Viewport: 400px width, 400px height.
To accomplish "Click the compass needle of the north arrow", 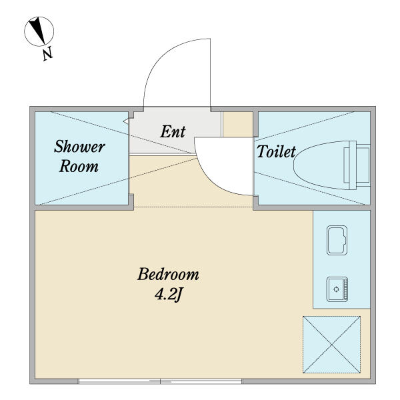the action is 37,29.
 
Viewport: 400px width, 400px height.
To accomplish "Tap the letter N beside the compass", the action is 47,53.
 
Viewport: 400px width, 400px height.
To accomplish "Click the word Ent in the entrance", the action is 173,131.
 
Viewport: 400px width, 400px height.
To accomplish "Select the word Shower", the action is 79,147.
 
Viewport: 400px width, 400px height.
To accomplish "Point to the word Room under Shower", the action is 79,166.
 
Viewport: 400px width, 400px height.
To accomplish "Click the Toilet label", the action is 276,152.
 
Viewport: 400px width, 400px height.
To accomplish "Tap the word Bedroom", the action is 168,275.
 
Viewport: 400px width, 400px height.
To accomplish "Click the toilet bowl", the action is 321,165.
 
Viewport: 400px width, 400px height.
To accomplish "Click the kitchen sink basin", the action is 337,240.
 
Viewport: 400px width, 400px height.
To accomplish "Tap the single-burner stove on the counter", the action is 337,289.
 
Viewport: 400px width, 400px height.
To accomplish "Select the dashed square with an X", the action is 331,345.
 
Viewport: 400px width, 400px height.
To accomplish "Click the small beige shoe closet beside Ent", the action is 238,125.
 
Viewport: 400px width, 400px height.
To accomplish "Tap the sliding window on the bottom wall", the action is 160,381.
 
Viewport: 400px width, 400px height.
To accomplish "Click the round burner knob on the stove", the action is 336,289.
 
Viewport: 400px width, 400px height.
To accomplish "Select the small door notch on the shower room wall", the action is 125,121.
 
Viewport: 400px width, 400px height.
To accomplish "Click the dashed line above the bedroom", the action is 193,207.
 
